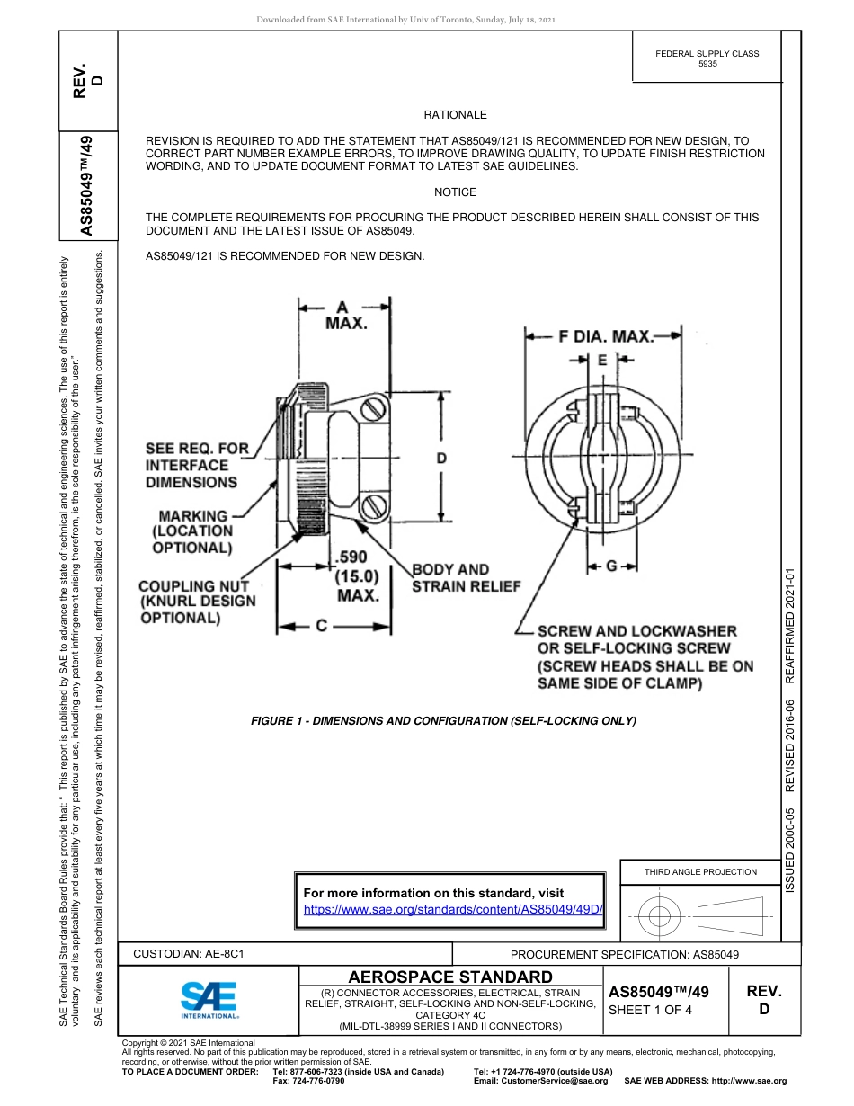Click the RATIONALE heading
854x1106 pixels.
pyautogui.click(x=455, y=115)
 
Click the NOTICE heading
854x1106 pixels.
pyautogui.click(x=455, y=192)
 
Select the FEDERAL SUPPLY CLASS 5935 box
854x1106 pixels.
pyautogui.click(x=707, y=59)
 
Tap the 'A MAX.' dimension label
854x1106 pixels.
pyautogui.click(x=346, y=316)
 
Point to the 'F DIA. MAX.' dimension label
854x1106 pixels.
pyautogui.click(x=605, y=337)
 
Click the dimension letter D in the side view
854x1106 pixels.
pyautogui.click(x=441, y=459)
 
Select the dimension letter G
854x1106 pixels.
pyautogui.click(x=611, y=566)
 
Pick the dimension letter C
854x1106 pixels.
pyautogui.click(x=321, y=626)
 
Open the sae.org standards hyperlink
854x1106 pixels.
pyautogui.click(x=452, y=909)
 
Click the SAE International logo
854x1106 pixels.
pyautogui.click(x=209, y=998)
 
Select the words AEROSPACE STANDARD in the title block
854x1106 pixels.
pyautogui.click(x=450, y=977)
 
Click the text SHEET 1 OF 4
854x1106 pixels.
pyautogui.click(x=650, y=1010)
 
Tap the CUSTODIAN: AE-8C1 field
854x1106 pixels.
pyautogui.click(x=189, y=954)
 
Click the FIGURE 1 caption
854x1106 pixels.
pyautogui.click(x=443, y=721)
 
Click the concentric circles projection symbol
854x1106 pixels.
pyautogui.click(x=661, y=917)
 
